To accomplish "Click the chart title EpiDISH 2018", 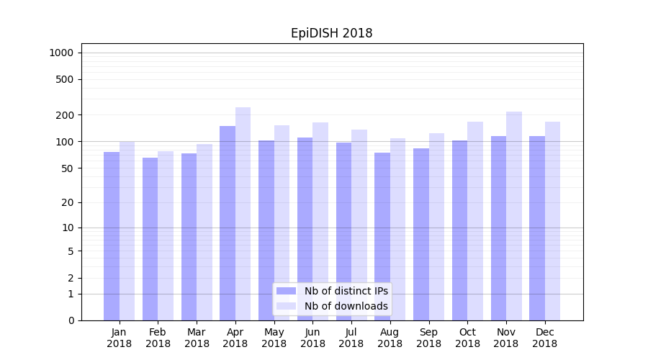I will coord(331,33).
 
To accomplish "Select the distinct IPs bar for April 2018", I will coord(228,223).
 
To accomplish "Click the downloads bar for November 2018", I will coord(514,216).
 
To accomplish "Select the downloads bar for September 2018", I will coord(436,227).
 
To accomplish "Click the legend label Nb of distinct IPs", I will coord(346,291).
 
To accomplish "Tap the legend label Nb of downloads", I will coord(346,306).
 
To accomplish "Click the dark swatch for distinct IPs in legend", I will coord(286,291).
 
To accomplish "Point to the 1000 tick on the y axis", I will coord(61,53).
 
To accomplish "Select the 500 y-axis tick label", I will coord(65,79).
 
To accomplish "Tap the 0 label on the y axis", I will coord(71,320).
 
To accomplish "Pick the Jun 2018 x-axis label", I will coord(312,338).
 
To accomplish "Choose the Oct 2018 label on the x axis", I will coord(467,338).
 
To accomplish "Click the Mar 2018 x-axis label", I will coord(197,338).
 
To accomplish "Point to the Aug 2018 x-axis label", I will coord(390,338).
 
